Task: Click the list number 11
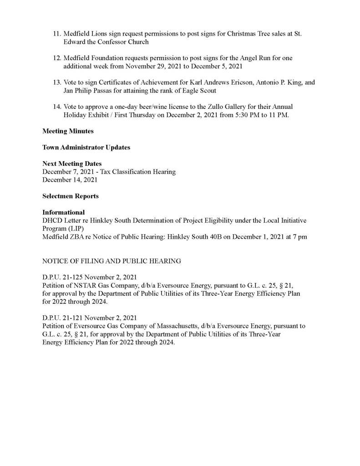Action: [x=57, y=34]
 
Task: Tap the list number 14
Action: [x=57, y=107]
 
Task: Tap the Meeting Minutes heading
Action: [x=68, y=131]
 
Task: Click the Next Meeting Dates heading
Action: [x=72, y=164]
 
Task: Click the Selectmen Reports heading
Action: [x=71, y=196]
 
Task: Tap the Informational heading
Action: [x=64, y=212]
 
